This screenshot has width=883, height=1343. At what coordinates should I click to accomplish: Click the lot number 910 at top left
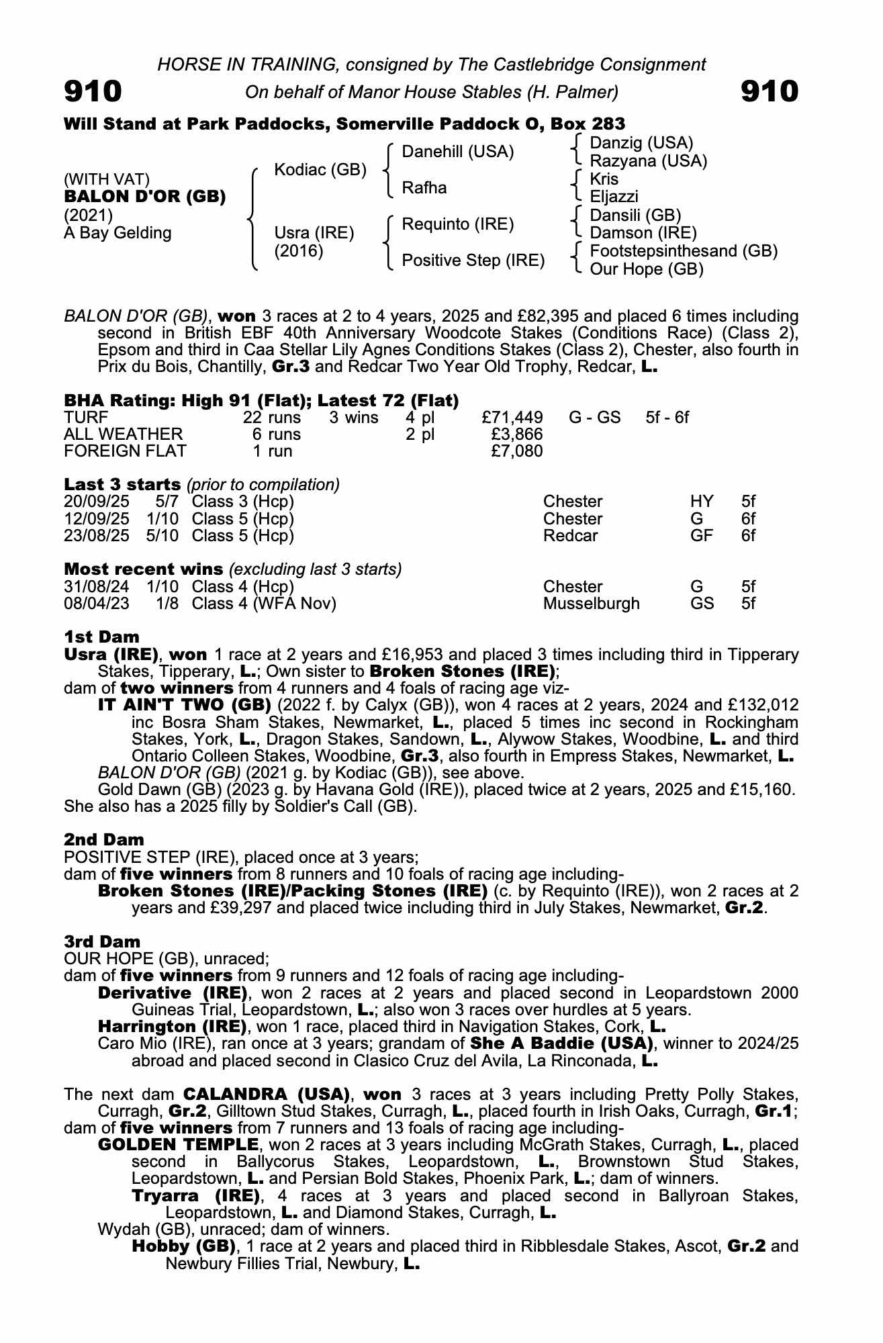coord(93,91)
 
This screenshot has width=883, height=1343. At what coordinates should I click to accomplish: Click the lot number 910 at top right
coord(770,91)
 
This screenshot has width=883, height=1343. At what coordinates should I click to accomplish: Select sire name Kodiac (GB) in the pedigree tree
coord(320,170)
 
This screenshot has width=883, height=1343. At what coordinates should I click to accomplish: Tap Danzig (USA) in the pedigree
coord(641,143)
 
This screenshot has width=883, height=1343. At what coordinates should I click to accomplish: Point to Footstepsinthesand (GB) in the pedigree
coord(683,251)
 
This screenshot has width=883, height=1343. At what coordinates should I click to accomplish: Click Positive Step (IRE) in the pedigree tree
coord(473,261)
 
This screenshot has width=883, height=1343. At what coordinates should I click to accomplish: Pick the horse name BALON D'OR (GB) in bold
coord(144,197)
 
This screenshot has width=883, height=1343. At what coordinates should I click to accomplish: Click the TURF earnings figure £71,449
coord(512,418)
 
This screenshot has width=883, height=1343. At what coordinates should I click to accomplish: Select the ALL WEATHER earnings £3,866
coord(517,434)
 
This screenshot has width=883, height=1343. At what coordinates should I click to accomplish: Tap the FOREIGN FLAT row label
coord(125,451)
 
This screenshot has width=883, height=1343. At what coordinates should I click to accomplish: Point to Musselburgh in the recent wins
coord(591,604)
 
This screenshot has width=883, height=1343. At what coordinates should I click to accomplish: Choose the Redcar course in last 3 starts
coord(570,536)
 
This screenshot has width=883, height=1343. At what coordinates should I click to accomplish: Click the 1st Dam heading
coord(101,637)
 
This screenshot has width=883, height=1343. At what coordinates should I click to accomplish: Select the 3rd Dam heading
coord(103,941)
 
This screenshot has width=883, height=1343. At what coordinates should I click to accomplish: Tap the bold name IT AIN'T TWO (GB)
coord(184,705)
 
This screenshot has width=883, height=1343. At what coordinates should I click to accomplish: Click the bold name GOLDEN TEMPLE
coord(178,1144)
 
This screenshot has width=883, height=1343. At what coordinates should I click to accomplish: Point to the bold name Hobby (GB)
coord(184,1246)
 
